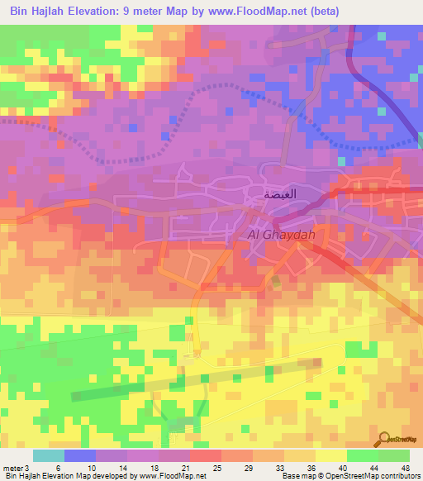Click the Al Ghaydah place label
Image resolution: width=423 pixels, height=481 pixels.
[x=283, y=236]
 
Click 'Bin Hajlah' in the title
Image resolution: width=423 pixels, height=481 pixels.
[x=40, y=12]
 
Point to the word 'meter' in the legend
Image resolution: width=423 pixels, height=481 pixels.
[x=12, y=467]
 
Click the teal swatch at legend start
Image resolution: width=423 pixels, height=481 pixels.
[x=48, y=455]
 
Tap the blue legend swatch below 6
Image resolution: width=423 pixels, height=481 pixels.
[x=79, y=455]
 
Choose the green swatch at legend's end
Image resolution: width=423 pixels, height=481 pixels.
[x=394, y=455]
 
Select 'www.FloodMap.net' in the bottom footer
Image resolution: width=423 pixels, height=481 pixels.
[x=172, y=476]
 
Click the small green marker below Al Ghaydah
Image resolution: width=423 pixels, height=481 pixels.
[x=276, y=282]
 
